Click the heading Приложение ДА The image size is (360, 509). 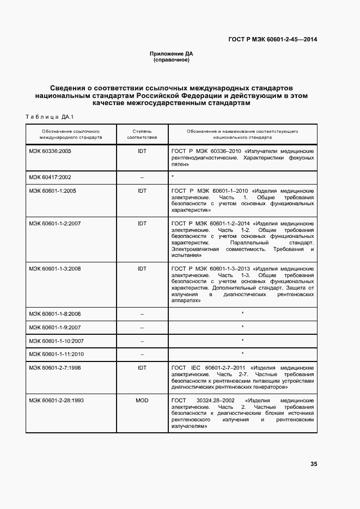point(172,54)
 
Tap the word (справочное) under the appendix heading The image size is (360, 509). point(172,60)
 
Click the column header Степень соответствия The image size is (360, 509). point(142,134)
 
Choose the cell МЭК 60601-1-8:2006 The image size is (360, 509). point(55,314)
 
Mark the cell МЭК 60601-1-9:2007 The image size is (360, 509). point(55,328)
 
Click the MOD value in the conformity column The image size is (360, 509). point(142,400)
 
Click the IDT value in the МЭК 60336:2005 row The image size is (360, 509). point(142,151)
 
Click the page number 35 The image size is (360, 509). point(313,464)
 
